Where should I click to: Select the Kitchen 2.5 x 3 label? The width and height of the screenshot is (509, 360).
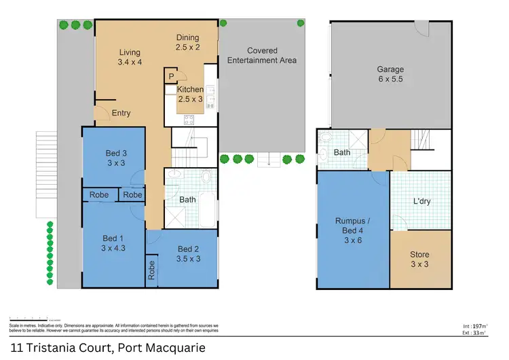pyautogui.click(x=190, y=94)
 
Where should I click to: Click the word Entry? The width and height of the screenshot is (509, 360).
pyautogui.click(x=121, y=113)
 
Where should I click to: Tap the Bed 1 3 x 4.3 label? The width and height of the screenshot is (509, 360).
pyautogui.click(x=113, y=243)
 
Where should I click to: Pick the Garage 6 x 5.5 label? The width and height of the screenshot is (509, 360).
pyautogui.click(x=390, y=74)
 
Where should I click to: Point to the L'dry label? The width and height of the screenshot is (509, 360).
pyautogui.click(x=423, y=202)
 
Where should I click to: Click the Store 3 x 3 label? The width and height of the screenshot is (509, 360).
pyautogui.click(x=419, y=260)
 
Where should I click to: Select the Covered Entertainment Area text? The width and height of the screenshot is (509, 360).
pyautogui.click(x=261, y=56)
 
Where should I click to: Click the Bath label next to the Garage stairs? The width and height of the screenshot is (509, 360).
pyautogui.click(x=342, y=153)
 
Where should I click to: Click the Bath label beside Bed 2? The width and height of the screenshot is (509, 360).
pyautogui.click(x=187, y=200)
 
